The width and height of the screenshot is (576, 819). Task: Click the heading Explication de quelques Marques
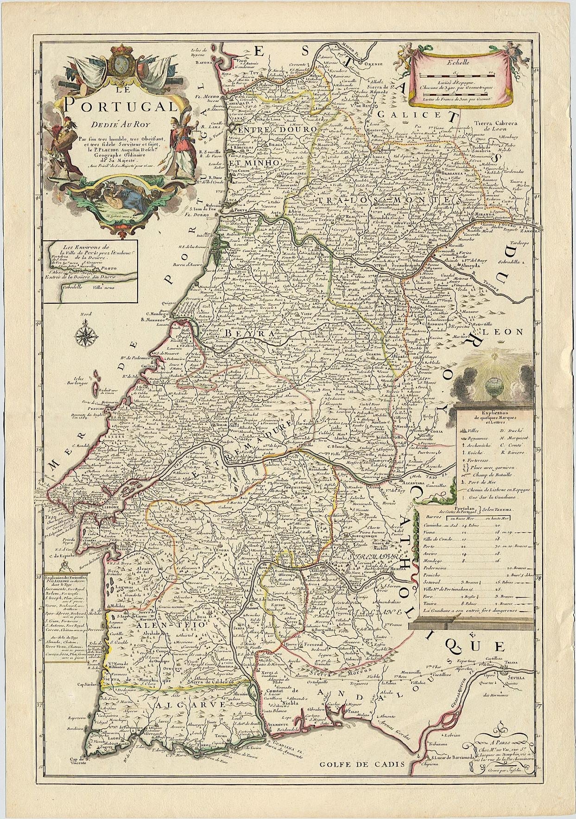click(492, 415)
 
